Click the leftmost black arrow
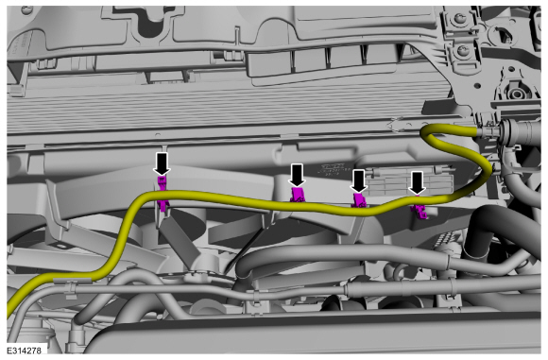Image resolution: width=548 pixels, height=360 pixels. tap(162, 163)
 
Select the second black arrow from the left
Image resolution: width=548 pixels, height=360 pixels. tap(297, 175)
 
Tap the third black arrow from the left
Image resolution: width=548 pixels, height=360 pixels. tap(359, 181)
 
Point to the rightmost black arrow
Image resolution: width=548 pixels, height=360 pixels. tap(417, 182)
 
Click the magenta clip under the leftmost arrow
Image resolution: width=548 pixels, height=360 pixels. tap(163, 193)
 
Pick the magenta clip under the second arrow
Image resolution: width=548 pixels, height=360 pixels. tap(298, 195)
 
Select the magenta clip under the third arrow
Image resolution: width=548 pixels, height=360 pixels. tap(359, 200)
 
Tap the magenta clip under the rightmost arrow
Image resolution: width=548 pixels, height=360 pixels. tap(420, 210)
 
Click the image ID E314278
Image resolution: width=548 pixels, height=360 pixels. tap(24, 351)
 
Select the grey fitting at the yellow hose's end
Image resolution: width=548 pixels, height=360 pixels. tap(488, 131)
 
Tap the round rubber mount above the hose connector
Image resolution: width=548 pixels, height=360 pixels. tap(516, 93)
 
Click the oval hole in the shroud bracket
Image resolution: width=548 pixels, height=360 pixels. tap(61, 246)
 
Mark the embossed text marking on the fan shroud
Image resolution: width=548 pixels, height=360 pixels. tap(331, 169)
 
